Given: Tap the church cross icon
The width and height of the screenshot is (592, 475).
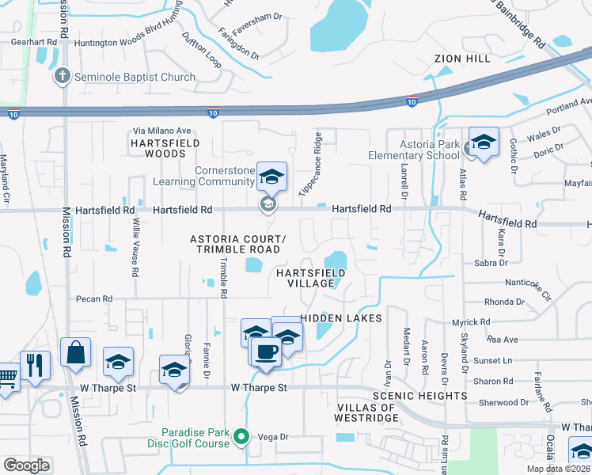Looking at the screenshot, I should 62,77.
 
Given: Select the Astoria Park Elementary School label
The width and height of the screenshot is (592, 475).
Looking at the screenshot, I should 413,150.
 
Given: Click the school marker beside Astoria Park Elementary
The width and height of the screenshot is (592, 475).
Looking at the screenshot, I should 484,142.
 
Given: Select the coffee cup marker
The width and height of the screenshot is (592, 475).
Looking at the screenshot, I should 265,351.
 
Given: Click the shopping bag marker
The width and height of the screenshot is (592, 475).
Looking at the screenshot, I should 75,354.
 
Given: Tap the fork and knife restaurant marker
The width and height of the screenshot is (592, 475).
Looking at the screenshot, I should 35,365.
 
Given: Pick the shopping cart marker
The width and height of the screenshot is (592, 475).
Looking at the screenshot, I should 6,376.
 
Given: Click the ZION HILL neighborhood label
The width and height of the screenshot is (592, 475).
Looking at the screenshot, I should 463,59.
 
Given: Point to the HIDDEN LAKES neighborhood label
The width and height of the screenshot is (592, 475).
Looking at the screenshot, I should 340,317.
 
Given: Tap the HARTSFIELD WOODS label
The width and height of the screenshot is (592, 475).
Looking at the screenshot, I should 165,148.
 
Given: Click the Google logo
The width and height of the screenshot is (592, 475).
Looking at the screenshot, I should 26,465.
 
